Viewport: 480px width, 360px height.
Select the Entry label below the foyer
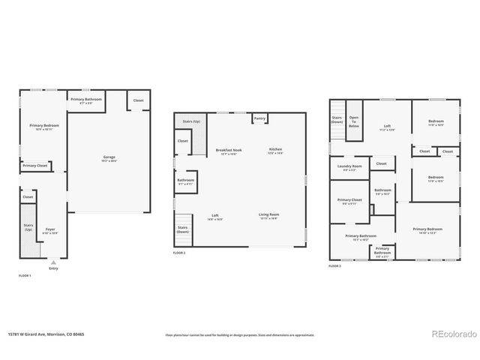click(x=53, y=268)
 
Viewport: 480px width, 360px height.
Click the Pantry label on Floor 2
click(x=259, y=118)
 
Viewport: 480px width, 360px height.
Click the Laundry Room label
click(x=349, y=167)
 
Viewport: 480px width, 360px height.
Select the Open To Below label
click(x=354, y=122)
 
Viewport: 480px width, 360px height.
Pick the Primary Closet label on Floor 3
click(x=349, y=201)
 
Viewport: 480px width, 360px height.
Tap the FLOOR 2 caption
click(x=178, y=253)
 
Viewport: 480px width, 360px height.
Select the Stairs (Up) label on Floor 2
click(x=191, y=121)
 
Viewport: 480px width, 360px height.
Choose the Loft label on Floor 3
click(x=387, y=127)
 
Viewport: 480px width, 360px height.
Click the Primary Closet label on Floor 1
click(x=34, y=166)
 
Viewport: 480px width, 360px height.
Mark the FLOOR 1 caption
click(x=25, y=276)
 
